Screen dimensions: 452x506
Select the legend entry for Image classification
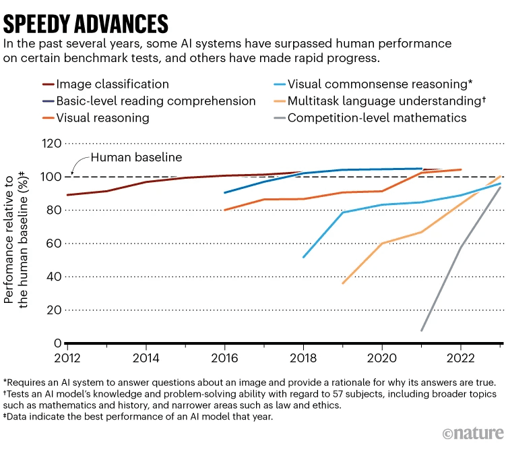tap(113, 84)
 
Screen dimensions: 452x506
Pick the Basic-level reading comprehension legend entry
tap(156, 101)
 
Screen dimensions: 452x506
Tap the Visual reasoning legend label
tap(102, 118)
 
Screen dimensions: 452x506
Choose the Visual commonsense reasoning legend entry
tap(379, 84)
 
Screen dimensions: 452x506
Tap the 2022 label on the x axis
tap(460, 356)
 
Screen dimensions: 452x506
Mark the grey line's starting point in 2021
tap(421, 331)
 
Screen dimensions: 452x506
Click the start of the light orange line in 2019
tap(343, 283)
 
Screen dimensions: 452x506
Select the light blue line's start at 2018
tap(304, 257)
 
